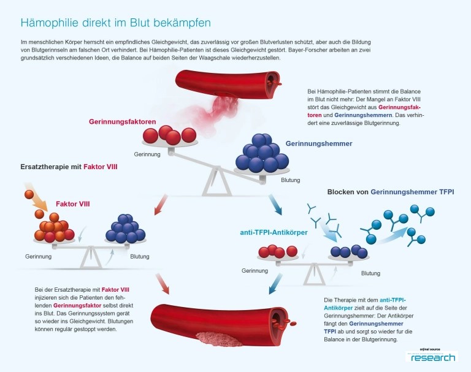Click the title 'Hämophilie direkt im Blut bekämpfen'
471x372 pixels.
pyautogui.click(x=116, y=23)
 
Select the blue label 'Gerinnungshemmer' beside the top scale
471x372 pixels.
pyautogui.click(x=318, y=144)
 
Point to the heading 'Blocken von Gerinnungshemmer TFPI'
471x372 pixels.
pyautogui.click(x=391, y=192)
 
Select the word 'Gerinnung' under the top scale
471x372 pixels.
pyautogui.click(x=147, y=154)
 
